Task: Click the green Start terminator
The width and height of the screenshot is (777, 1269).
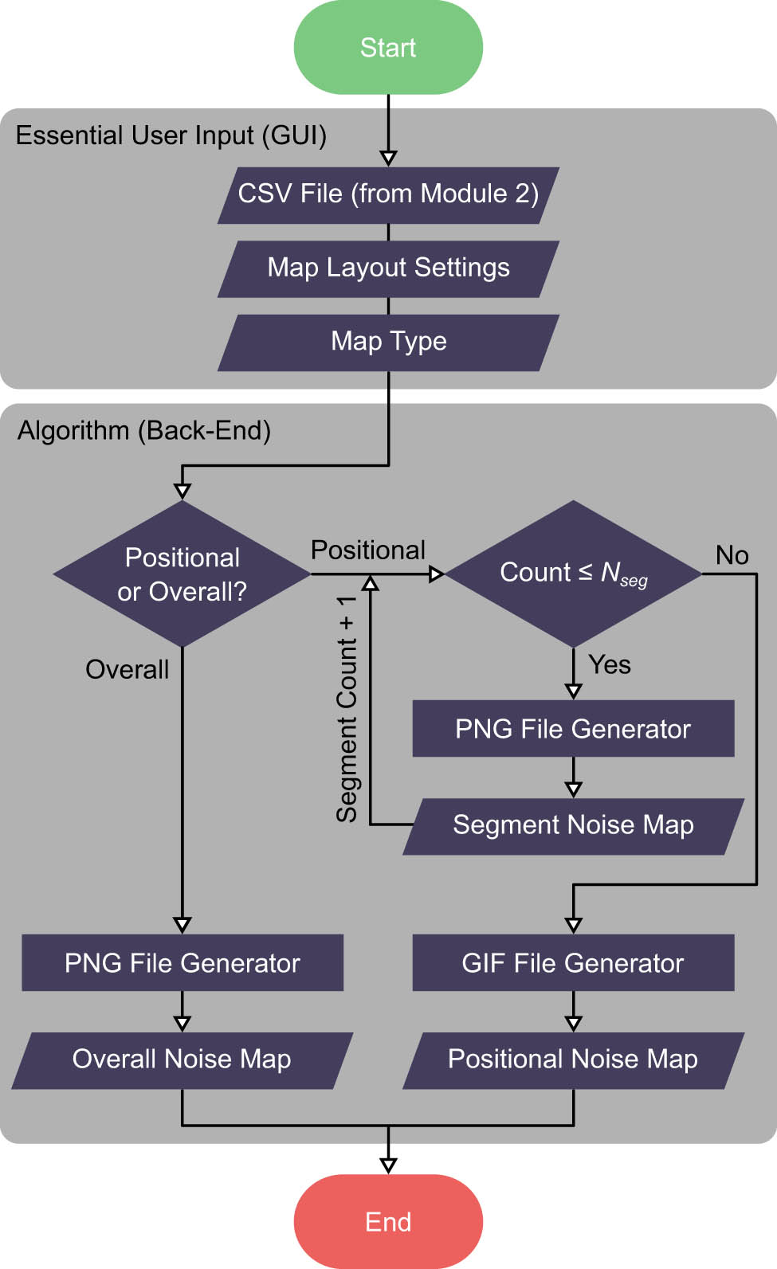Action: [x=388, y=48]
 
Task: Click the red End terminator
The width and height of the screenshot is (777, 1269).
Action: [x=388, y=1221]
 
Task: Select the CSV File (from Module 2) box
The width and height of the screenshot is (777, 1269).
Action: [x=388, y=194]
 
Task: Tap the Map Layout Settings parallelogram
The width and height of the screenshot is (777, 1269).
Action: [x=388, y=268]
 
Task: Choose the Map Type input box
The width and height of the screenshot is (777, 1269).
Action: [x=388, y=342]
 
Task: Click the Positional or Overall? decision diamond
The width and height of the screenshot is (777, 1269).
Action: [x=182, y=574]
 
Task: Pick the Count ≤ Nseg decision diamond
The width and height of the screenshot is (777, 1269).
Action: [x=573, y=574]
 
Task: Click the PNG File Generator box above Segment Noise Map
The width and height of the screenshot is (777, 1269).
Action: [x=573, y=728]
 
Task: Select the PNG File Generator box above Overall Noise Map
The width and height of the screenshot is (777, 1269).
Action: [x=182, y=962]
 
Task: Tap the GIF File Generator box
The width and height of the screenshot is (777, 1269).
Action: [x=573, y=962]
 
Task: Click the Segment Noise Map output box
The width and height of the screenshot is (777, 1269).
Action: [x=573, y=825]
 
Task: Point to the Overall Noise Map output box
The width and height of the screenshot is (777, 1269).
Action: [x=182, y=1059]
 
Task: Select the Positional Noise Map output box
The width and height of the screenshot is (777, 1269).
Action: [x=573, y=1059]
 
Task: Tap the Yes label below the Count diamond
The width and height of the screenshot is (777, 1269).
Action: [x=610, y=664]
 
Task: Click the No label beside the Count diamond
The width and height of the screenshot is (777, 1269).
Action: [x=732, y=555]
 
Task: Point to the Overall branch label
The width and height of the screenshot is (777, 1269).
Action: [x=128, y=669]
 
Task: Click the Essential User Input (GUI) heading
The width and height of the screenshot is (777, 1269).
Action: [x=171, y=135]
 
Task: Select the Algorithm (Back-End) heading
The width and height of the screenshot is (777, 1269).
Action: [x=144, y=430]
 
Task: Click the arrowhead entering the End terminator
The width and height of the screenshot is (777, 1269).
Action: [x=388, y=1165]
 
